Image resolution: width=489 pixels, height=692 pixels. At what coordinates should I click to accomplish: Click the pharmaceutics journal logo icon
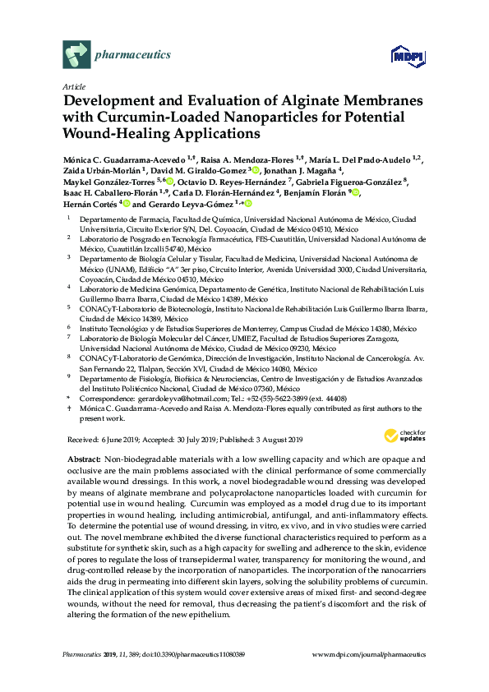point(76,55)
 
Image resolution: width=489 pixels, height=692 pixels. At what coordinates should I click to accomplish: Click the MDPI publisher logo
point(408,55)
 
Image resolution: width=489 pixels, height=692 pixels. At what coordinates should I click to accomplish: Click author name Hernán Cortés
point(90,204)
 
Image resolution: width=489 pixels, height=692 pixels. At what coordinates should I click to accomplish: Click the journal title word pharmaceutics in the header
point(134,55)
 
